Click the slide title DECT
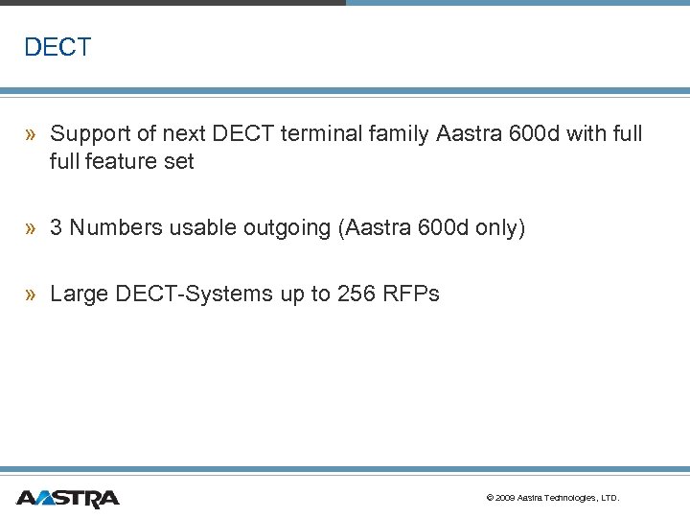[57, 47]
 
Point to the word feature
[122, 162]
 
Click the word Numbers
[115, 228]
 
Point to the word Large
[79, 294]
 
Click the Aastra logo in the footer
[67, 498]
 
